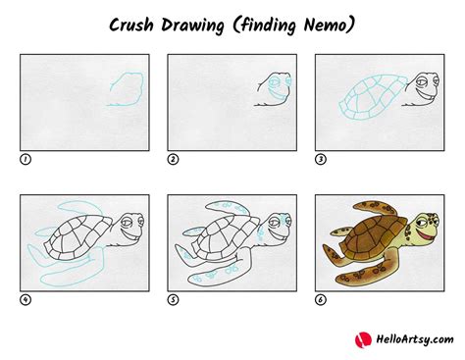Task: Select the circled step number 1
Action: pos(26,158)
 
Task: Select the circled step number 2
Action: pos(174,158)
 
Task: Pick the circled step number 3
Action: pos(321,158)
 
